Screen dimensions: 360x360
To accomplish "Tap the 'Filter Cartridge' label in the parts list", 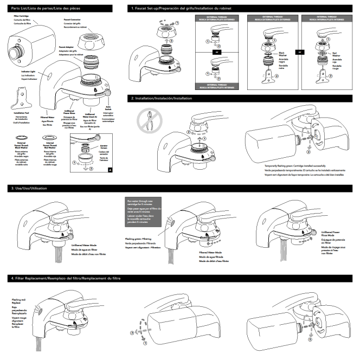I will point(21,17).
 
